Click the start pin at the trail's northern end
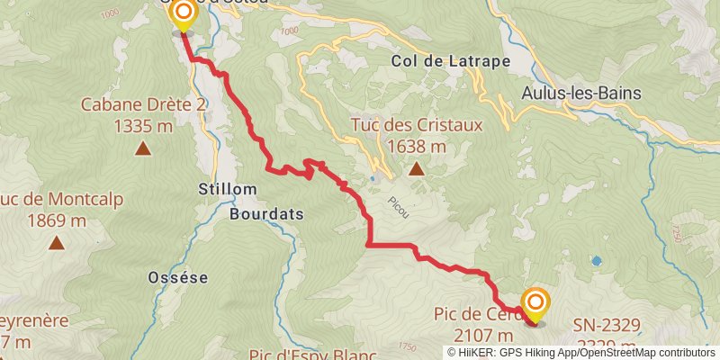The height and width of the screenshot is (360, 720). tap(183, 13)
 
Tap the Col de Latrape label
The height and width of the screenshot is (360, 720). tap(451, 61)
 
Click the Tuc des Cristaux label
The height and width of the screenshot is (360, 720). tap(417, 125)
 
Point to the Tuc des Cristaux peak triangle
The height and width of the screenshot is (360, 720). tap(417, 168)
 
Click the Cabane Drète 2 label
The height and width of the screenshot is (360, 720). tap(144, 104)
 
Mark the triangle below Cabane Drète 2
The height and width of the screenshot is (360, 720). tap(142, 148)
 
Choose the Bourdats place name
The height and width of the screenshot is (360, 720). tap(266, 215)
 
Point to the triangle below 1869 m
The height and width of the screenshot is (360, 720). tap(57, 242)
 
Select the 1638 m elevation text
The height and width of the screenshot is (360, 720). tap(417, 146)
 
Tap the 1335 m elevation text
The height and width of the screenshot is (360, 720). tap(143, 126)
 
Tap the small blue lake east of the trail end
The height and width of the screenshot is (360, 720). tap(596, 261)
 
